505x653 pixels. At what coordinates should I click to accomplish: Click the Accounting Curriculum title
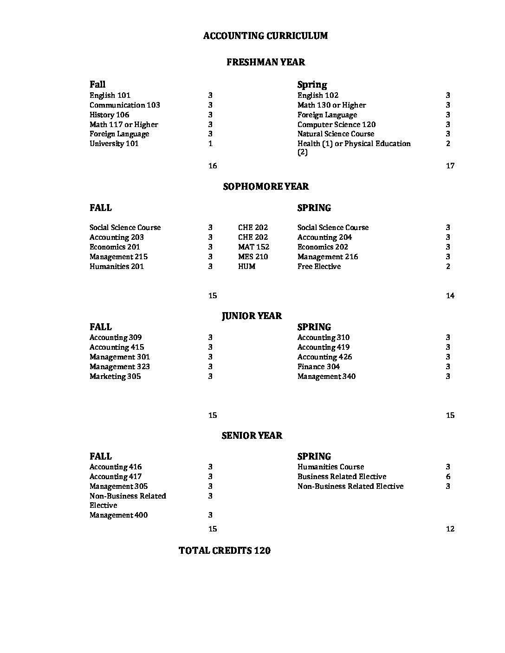tap(265, 36)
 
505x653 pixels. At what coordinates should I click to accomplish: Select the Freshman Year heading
tap(265, 62)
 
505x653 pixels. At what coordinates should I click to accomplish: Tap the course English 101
tap(110, 96)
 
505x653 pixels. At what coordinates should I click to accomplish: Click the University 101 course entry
tap(114, 144)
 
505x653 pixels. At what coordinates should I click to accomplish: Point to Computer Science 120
tap(337, 125)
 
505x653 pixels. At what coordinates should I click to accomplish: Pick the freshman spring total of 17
tap(450, 166)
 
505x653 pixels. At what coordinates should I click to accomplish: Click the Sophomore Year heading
tap(265, 186)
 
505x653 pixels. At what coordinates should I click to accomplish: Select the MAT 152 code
tap(253, 247)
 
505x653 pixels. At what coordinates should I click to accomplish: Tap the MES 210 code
tap(253, 257)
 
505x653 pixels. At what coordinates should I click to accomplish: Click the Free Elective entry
tap(319, 267)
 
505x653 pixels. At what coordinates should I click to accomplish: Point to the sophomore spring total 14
tap(450, 296)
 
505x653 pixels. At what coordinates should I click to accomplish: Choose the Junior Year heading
tap(252, 316)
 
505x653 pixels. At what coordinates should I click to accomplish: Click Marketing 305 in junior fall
tap(115, 377)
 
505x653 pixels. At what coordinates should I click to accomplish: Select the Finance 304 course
tap(318, 367)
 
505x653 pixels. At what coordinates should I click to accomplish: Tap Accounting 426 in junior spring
tap(324, 357)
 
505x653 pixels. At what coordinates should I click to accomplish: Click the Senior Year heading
tap(252, 435)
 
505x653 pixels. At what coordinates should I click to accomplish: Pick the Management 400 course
tap(118, 515)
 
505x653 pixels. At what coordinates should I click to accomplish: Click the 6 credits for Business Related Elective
tap(448, 477)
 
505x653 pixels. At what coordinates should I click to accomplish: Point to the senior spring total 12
tap(450, 529)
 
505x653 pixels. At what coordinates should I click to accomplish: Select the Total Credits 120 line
tap(225, 551)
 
